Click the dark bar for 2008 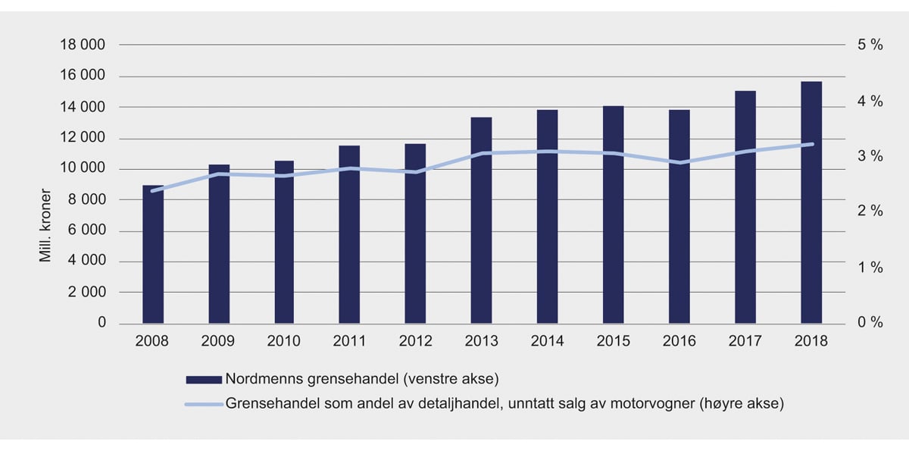pos(153,255)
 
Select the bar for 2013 pos(481,221)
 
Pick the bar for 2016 pos(679,217)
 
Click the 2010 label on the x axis pos(283,342)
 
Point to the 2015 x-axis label pos(613,342)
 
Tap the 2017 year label pos(745,342)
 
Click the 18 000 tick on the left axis pos(83,45)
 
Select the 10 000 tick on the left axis pos(83,169)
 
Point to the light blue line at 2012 pos(415,172)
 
